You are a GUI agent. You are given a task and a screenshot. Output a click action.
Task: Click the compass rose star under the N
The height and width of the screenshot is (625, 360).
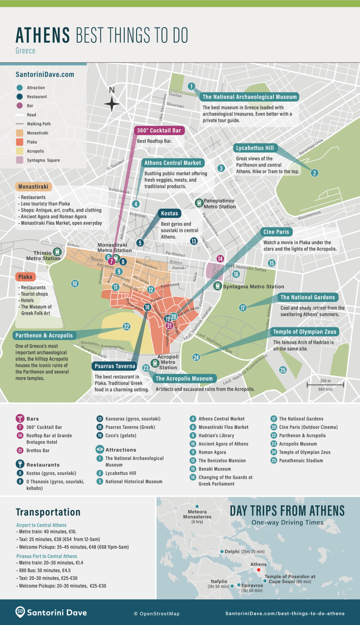112,104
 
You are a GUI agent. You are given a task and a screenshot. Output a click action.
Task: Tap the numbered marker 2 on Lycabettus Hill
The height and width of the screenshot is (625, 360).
315,173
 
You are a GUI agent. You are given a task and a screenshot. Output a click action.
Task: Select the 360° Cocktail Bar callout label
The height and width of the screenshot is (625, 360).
159,130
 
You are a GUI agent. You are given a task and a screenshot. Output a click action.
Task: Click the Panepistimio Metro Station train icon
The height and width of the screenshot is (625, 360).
199,203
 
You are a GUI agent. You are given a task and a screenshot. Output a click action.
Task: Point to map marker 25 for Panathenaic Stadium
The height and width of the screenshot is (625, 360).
283,370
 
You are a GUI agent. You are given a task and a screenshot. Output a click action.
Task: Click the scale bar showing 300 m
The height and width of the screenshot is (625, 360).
325,385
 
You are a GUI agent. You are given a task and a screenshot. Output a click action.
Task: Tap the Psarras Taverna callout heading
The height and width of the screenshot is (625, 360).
115,366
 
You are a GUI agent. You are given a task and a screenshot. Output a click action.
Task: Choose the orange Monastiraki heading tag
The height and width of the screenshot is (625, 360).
33,187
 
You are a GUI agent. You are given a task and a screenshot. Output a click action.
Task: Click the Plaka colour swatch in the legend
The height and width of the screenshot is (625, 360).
20,142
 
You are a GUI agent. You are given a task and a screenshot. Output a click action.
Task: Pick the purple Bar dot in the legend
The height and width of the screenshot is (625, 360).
20,106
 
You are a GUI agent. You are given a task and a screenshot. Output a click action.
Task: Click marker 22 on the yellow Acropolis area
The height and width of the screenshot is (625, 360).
127,326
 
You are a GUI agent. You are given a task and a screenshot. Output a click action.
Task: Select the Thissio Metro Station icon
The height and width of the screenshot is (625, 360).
57,251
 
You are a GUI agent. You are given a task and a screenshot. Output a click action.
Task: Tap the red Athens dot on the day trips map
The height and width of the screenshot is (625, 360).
258,570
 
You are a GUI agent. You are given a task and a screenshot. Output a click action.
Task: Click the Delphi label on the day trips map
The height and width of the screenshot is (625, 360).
232,551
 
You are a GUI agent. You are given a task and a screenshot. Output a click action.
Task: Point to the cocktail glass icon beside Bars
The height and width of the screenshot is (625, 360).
20,419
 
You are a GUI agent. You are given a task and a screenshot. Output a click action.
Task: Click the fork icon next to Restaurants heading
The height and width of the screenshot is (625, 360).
20,464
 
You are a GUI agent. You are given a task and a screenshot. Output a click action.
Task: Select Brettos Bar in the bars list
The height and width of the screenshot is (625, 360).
38,451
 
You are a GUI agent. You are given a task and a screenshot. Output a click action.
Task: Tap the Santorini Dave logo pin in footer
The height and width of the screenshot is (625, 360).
20,612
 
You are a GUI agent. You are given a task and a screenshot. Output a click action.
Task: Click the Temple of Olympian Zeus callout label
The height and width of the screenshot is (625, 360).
304,332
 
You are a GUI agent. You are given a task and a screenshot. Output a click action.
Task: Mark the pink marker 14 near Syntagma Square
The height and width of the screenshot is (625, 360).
220,259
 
